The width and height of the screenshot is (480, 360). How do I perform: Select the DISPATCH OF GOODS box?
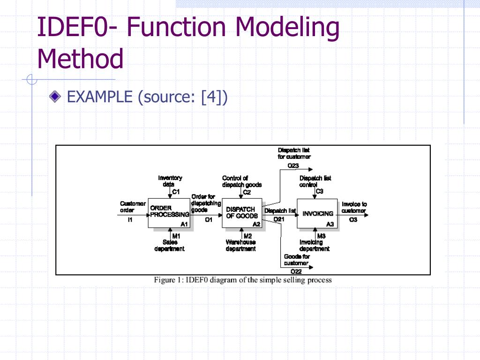[241, 212]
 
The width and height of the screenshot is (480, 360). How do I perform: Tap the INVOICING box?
[317, 213]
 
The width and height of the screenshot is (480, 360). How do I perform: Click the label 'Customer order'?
[133, 207]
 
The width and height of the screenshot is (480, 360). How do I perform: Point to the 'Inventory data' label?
[170, 181]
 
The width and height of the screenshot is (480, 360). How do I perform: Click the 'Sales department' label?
[170, 245]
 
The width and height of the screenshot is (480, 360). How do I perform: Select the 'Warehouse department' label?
[241, 245]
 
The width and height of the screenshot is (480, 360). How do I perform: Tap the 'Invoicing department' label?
[314, 245]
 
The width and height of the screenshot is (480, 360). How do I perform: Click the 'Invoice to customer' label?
[354, 207]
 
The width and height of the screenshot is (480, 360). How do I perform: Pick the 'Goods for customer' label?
[297, 260]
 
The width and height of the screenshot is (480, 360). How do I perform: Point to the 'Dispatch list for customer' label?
[294, 153]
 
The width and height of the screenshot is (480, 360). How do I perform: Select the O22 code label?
[296, 272]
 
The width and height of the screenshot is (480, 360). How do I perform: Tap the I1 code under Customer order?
[130, 220]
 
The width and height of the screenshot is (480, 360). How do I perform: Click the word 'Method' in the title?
[80, 59]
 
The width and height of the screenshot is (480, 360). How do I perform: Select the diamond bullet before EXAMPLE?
[55, 97]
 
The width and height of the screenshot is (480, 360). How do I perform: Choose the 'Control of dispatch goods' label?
[241, 181]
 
